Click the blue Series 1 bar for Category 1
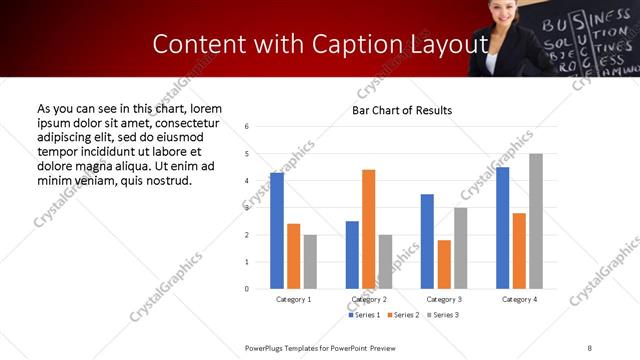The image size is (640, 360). tap(277, 231)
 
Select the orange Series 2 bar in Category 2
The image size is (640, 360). tap(368, 229)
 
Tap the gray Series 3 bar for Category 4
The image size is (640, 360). tap(536, 221)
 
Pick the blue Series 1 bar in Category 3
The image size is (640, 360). tap(427, 241)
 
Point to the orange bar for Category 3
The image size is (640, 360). tap(444, 264)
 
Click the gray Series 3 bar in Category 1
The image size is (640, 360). tap(310, 262)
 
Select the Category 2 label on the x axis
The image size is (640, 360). tap(368, 299)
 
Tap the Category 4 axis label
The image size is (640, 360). tap(519, 299)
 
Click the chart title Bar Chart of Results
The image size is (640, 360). tap(402, 110)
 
